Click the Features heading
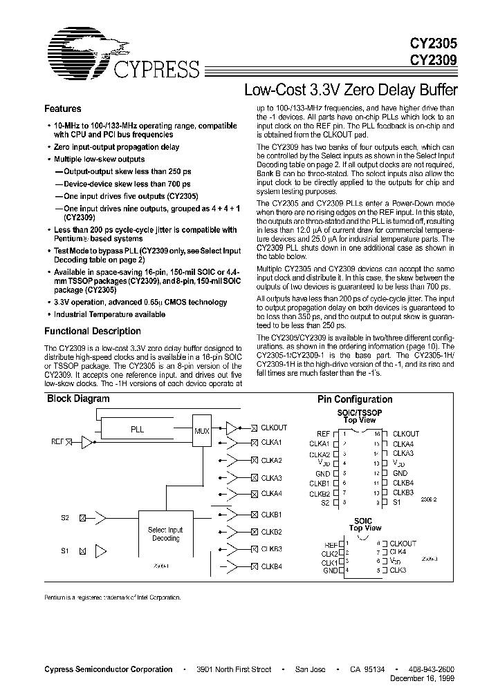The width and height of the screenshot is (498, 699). tap(63, 109)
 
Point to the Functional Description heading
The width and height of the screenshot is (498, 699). tap(93, 331)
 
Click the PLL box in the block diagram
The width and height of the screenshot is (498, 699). tap(137, 429)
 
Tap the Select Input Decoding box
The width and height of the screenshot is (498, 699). tap(165, 534)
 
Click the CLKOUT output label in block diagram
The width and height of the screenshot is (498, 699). tap(273, 428)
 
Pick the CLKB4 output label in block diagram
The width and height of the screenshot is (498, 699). tap(272, 566)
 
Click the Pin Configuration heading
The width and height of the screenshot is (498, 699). tap(355, 399)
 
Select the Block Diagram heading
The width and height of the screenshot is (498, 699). tap(78, 399)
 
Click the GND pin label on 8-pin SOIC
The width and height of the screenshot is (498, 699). tap(329, 571)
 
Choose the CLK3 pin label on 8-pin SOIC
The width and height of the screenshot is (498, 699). tap(398, 571)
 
